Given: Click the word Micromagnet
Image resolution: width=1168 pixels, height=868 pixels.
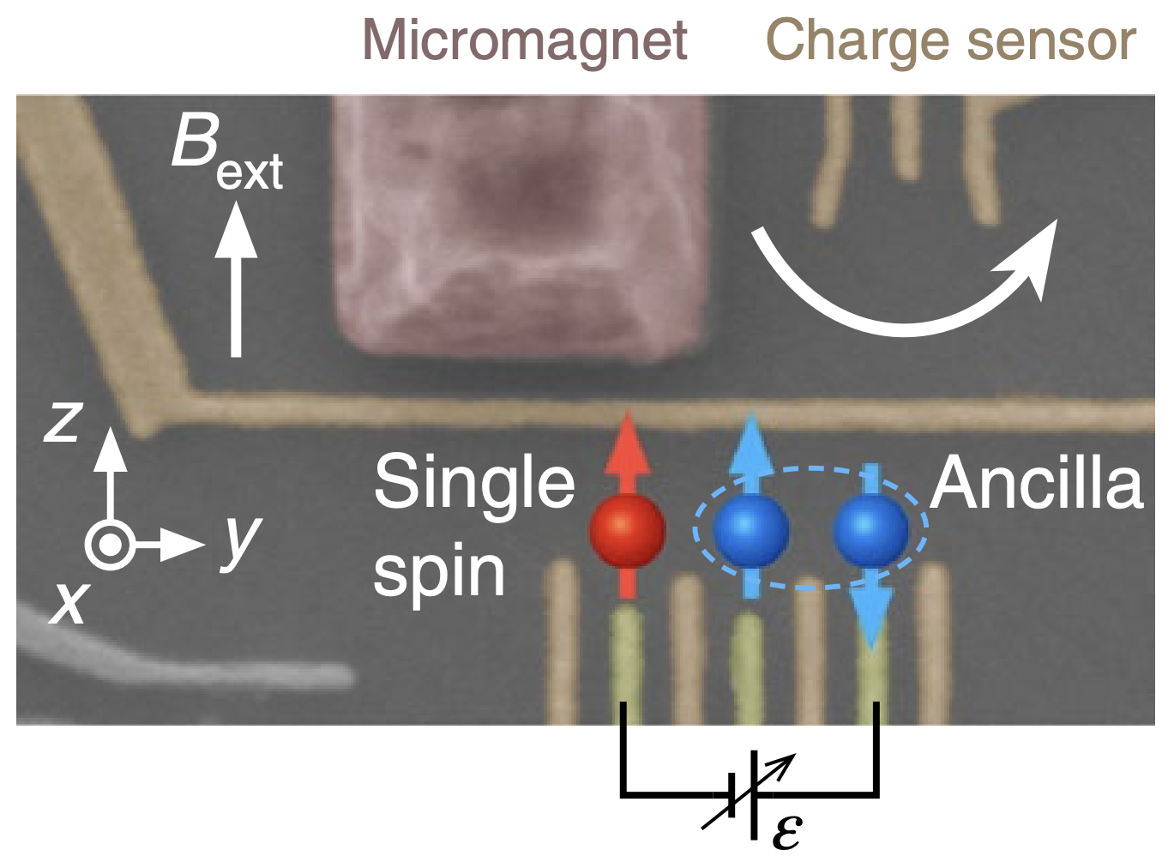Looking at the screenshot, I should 524,40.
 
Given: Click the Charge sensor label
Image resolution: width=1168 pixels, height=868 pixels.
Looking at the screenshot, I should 950,40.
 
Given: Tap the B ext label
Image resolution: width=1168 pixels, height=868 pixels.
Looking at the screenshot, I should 225,153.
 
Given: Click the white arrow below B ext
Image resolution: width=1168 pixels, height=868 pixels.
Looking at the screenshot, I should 236,283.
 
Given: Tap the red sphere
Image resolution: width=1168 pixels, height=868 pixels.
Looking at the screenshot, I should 628,531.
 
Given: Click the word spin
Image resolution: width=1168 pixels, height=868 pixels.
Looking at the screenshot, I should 439,573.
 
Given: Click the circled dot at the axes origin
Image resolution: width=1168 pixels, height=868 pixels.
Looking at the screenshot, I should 109,545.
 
